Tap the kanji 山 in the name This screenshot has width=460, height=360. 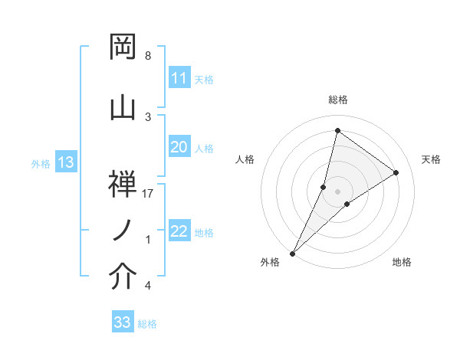[x=123, y=106]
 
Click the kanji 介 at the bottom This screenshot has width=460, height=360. [x=123, y=277]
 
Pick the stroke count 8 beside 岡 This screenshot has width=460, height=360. [x=147, y=56]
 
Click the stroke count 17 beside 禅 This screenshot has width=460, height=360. [x=149, y=194]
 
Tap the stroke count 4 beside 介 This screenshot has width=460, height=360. [x=147, y=286]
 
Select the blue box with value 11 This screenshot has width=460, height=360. [x=179, y=78]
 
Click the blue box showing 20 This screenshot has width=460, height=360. [x=179, y=147]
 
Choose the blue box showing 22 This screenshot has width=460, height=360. [x=179, y=231]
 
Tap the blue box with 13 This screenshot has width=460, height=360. [x=65, y=162]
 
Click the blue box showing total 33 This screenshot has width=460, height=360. [x=122, y=322]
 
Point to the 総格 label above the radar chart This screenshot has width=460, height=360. [x=337, y=100]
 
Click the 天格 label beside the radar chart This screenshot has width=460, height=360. [x=431, y=159]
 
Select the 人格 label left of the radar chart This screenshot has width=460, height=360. [x=245, y=159]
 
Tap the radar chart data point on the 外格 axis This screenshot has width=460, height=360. [x=292, y=253]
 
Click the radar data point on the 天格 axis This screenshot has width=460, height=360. [x=396, y=172]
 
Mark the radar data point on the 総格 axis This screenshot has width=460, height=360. [x=337, y=131]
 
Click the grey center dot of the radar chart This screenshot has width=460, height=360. [x=337, y=191]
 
